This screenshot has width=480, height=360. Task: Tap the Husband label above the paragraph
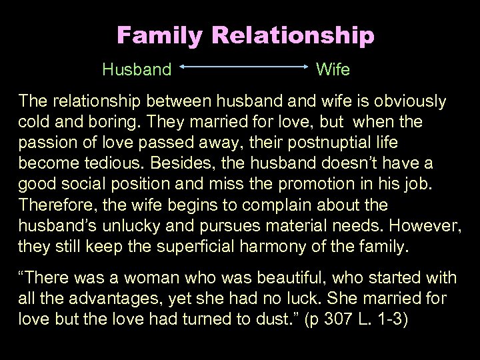pos(137,69)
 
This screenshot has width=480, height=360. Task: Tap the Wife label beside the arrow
pos(333,69)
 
